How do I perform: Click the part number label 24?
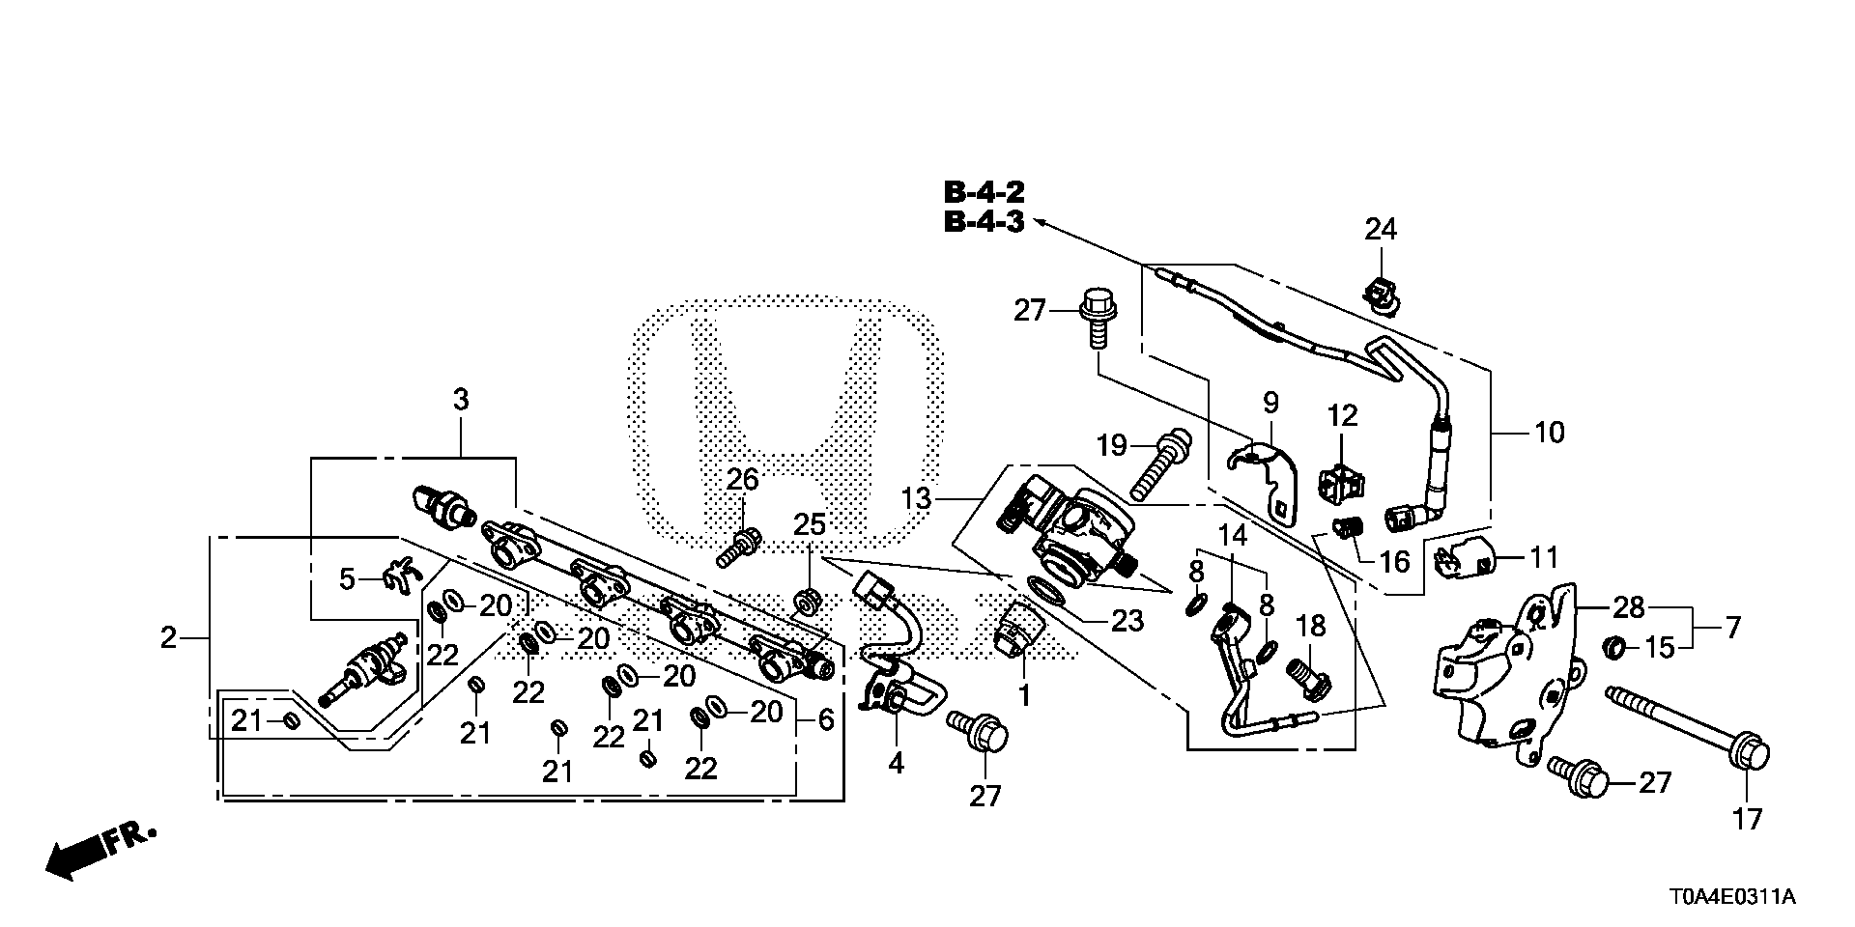pyautogui.click(x=1381, y=230)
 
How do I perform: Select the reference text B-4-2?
pyautogui.click(x=984, y=191)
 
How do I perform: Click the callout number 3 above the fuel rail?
pyautogui.click(x=461, y=399)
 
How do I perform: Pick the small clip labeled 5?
pyautogui.click(x=398, y=576)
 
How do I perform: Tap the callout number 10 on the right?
pyautogui.click(x=1549, y=432)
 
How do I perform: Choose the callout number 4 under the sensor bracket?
pyautogui.click(x=896, y=763)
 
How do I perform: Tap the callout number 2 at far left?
pyautogui.click(x=169, y=637)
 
